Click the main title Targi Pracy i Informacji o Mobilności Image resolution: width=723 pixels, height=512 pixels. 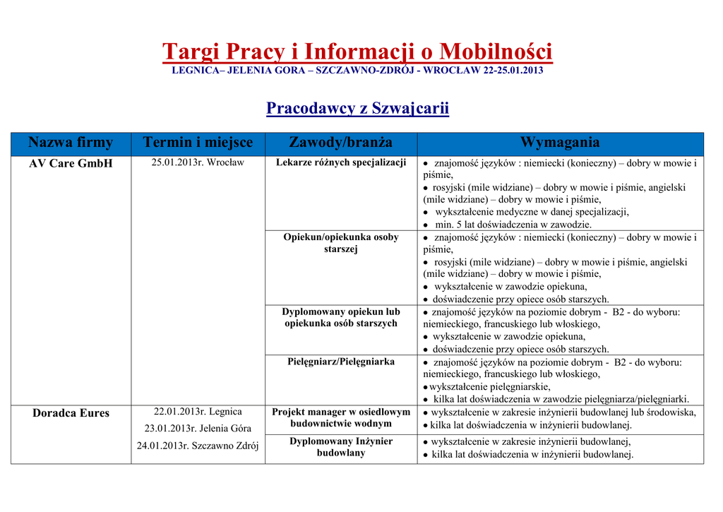click(x=357, y=52)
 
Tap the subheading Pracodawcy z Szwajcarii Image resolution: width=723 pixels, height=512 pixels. click(x=357, y=108)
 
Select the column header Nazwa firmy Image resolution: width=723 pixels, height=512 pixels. click(x=71, y=143)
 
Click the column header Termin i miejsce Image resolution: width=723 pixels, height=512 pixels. click(x=198, y=143)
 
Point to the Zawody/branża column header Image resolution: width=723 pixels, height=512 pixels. click(x=341, y=143)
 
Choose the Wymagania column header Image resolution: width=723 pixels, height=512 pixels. click(x=560, y=143)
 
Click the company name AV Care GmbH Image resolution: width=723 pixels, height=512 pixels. click(x=71, y=164)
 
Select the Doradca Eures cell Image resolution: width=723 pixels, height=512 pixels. click(x=71, y=413)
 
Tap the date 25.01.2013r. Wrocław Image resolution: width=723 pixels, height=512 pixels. click(x=198, y=163)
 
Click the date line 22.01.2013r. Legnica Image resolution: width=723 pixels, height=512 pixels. click(x=198, y=412)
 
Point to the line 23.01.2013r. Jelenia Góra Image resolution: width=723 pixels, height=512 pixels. click(x=198, y=429)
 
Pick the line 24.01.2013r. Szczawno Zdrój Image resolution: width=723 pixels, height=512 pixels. click(x=198, y=446)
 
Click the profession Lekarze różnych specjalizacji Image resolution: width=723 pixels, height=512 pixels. click(x=341, y=163)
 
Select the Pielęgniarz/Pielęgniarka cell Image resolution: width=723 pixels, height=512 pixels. click(x=341, y=362)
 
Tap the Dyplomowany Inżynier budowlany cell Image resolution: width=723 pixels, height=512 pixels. click(x=341, y=447)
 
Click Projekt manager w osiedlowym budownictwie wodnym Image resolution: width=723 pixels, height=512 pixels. click(x=341, y=417)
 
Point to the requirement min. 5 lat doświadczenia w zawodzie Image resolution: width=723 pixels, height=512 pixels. click(x=512, y=225)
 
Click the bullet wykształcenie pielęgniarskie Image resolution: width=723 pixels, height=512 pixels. click(x=490, y=387)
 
